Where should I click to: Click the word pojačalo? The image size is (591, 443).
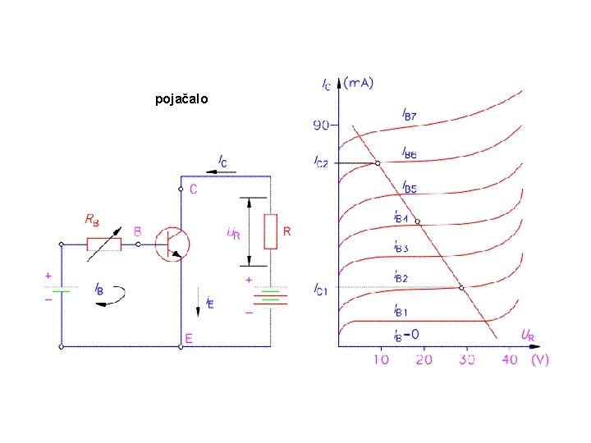[x=181, y=99]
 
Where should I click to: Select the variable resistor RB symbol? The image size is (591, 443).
[x=104, y=244]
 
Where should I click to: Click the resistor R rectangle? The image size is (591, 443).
[x=270, y=231]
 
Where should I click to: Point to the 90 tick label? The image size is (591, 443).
[x=319, y=126]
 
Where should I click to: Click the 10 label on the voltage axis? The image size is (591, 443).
[x=381, y=359]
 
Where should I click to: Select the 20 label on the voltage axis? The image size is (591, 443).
[x=424, y=359]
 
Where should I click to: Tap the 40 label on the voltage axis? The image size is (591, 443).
[x=509, y=359]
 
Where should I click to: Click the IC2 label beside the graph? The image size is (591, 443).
[x=320, y=162]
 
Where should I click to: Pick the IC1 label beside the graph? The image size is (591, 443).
[x=320, y=288]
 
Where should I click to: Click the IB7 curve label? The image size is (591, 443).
[x=409, y=115]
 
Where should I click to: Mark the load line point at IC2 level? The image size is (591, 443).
[x=378, y=163]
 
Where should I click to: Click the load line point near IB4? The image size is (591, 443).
[x=417, y=221]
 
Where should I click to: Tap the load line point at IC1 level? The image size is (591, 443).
[x=461, y=287]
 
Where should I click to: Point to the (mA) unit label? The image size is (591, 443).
[x=358, y=82]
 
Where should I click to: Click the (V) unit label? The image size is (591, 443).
[x=539, y=359]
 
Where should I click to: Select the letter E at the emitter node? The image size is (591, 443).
[x=189, y=338]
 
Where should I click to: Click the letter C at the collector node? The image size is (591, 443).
[x=193, y=190]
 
